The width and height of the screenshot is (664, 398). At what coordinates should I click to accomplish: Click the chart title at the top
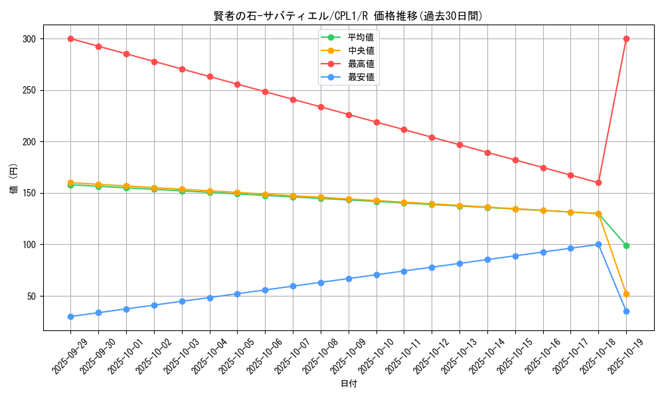tap(348, 16)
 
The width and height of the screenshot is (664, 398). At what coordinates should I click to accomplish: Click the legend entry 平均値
tap(361, 36)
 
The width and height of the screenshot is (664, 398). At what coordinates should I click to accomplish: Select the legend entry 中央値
tap(361, 50)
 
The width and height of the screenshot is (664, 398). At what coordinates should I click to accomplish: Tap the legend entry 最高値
tap(361, 64)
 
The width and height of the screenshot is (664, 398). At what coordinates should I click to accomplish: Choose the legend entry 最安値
tap(361, 78)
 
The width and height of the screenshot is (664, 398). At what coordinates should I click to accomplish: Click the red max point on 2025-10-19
tap(626, 39)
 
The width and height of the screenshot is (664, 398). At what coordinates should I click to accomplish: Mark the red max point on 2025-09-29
tap(70, 39)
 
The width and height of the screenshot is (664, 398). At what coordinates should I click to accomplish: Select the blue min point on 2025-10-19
tap(626, 311)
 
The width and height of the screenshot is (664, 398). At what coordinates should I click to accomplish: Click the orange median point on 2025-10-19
tap(626, 294)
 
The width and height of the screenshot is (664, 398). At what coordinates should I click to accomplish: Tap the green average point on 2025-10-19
tap(626, 245)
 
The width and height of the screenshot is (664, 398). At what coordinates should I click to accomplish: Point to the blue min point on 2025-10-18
tap(598, 244)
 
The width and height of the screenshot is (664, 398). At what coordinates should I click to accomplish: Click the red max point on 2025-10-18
tap(598, 182)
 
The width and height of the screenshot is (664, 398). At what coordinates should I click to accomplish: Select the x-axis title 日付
tap(348, 384)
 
